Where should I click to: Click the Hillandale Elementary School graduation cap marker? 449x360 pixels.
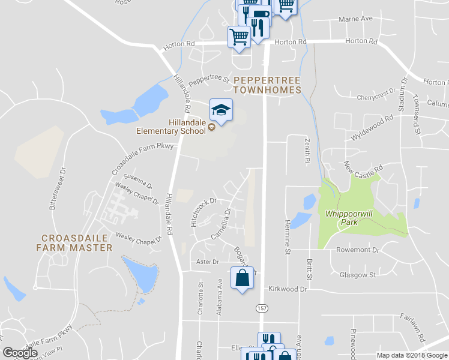click(221, 110)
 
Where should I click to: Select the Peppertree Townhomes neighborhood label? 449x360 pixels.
click(267, 85)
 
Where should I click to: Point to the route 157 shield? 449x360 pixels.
click(262, 308)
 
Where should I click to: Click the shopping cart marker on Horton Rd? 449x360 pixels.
click(239, 37)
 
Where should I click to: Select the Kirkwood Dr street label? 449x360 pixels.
click(288, 289)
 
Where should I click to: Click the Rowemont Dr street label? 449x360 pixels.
click(358, 250)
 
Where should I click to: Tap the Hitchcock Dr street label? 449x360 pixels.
click(203, 212)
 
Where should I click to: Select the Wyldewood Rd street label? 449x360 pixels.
click(372, 128)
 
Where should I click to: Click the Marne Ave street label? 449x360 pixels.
click(355, 19)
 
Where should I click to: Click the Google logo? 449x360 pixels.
click(20, 353)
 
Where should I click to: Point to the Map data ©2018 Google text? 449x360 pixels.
click(411, 355)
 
